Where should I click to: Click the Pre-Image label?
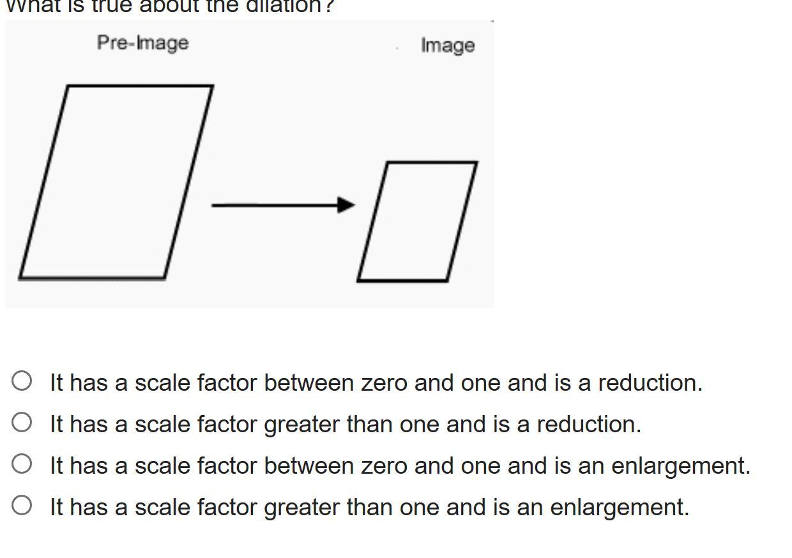coord(142,43)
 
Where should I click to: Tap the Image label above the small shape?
coord(447,45)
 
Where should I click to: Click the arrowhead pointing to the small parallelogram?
coord(346,205)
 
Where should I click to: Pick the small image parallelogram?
coord(417,221)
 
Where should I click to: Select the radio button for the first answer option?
coord(22,381)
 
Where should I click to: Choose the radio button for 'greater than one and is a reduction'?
coord(22,422)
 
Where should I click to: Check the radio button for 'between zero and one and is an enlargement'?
coord(22,464)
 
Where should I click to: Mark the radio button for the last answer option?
coord(22,505)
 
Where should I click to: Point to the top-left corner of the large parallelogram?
coord(68,86)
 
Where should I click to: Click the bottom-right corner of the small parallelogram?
coord(447,280)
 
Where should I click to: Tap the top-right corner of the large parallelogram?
coord(212,86)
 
